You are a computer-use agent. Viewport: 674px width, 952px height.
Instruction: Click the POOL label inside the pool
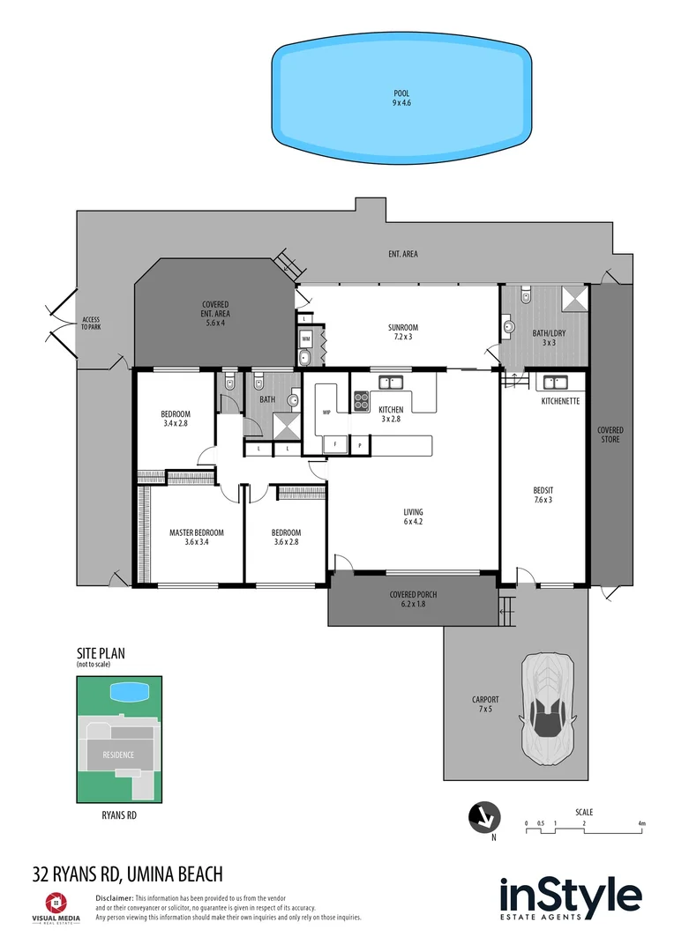[401, 98]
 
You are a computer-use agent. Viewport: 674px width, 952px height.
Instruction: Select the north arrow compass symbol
[483, 816]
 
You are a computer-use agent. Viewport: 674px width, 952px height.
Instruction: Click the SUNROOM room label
[401, 331]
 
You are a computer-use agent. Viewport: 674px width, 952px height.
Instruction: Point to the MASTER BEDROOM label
[196, 537]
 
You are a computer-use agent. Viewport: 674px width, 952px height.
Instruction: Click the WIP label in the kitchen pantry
[326, 412]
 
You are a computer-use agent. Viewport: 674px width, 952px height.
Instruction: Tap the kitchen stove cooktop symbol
[362, 402]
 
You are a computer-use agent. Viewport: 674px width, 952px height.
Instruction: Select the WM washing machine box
[305, 338]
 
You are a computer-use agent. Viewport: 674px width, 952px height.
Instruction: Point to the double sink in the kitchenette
[556, 383]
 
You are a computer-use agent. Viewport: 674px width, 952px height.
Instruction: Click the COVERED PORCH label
[413, 599]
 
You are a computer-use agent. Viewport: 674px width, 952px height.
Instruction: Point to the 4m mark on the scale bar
[642, 824]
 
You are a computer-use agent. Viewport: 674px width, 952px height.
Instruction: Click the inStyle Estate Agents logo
[570, 900]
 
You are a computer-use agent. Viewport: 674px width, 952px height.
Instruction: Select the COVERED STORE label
[610, 435]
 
